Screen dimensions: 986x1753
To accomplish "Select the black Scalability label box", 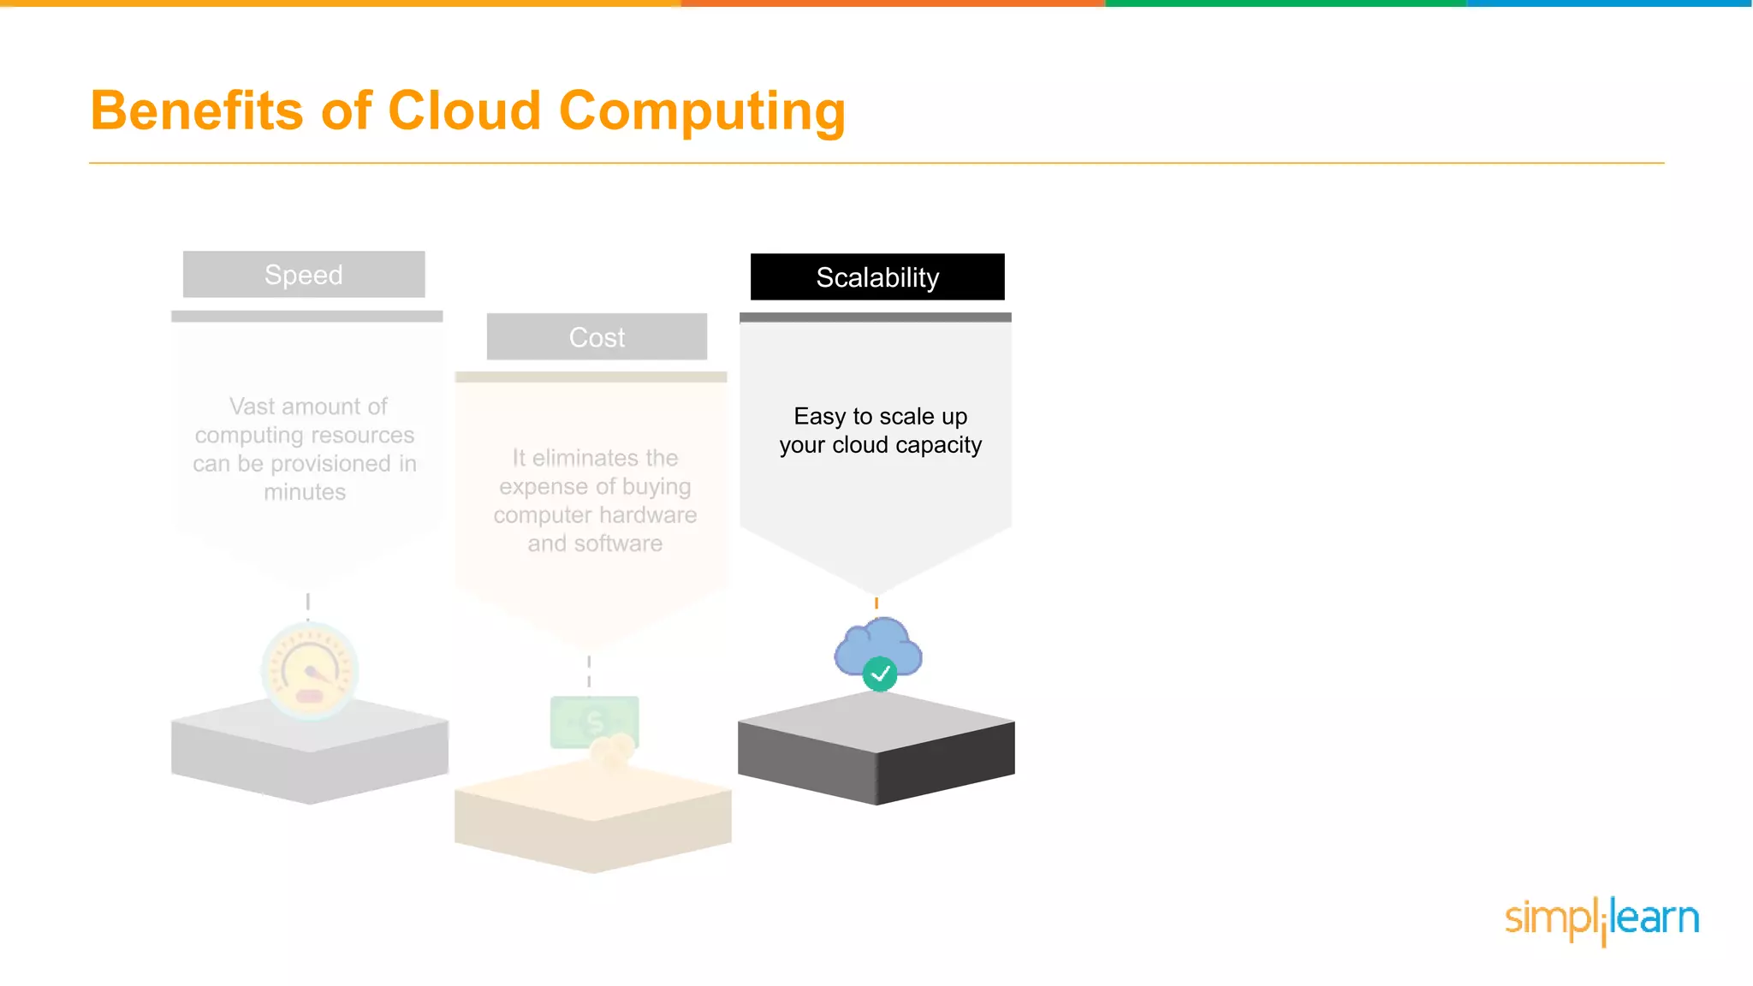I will coord(877,276).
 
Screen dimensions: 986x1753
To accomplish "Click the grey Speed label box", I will coord(304,274).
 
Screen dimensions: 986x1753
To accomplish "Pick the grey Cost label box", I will coord(597,336).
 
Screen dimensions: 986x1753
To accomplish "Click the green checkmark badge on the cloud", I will coord(880,674).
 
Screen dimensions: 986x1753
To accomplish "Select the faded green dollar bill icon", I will coord(593,722).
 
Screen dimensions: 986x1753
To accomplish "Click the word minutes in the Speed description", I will coord(305,492).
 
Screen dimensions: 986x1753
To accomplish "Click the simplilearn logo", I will coord(1601,920).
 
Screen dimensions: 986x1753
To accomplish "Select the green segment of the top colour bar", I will coord(1286,3).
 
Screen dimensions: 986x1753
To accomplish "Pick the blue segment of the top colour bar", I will coord(1609,3).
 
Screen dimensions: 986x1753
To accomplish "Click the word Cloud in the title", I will coord(465,111).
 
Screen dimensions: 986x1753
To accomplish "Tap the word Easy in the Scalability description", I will coord(819,417).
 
